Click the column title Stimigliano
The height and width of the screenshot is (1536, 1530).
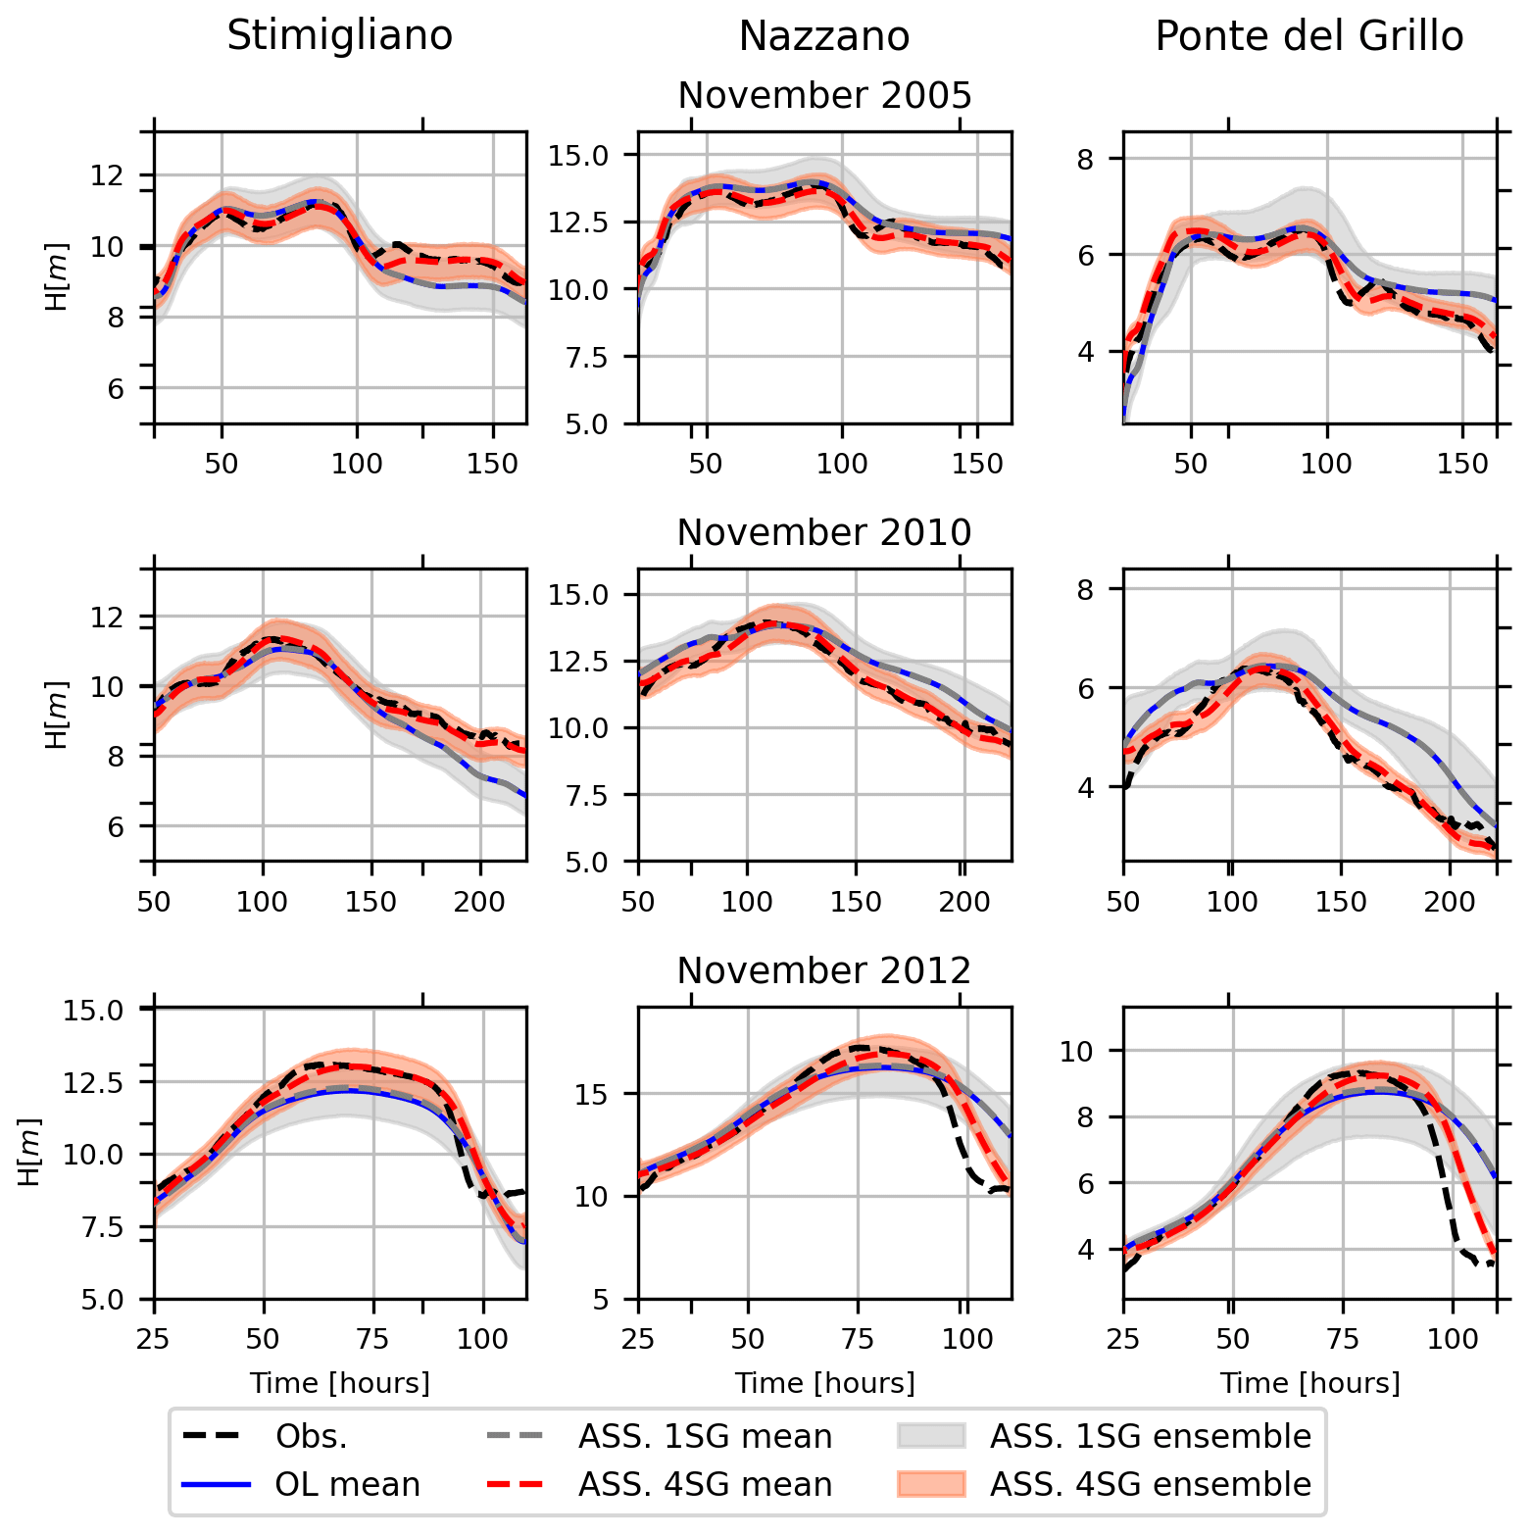point(339,36)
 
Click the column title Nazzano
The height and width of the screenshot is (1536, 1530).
point(823,36)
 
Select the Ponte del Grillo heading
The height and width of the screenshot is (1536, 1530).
point(1308,36)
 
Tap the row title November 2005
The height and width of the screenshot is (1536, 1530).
point(824,95)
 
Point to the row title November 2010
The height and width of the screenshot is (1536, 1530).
point(824,532)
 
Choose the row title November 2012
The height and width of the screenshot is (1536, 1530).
point(824,970)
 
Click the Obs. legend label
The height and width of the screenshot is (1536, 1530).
point(311,1436)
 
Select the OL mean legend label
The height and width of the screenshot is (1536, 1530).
point(347,1484)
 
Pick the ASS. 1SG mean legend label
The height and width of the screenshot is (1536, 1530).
point(705,1436)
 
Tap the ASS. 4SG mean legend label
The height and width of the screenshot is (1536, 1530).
point(705,1484)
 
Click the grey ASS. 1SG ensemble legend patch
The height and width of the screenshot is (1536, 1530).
point(931,1436)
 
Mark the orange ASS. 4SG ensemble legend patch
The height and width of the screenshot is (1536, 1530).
point(931,1484)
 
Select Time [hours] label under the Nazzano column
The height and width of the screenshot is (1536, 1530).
point(824,1383)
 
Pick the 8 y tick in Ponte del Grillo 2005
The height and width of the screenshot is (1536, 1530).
point(1084,159)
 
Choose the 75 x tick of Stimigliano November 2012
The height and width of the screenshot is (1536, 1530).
point(372,1339)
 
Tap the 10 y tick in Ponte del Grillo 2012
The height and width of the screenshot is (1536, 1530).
point(1076,1052)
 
